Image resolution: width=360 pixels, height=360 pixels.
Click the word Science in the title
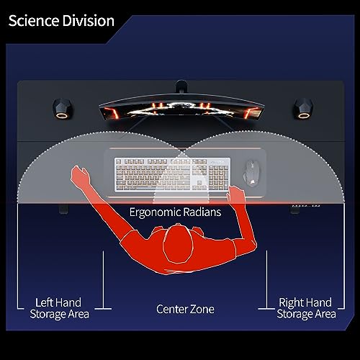point(34,21)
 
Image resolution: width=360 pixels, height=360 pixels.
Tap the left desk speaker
point(62,109)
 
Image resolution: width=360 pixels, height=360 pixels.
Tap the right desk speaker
point(304,109)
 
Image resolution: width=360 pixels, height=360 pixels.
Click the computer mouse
point(251,173)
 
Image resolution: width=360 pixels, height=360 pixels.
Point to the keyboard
point(172,174)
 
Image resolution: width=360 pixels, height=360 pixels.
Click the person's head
point(178,244)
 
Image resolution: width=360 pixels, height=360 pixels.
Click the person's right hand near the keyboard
point(235,194)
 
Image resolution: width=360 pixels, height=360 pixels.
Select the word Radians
point(202,212)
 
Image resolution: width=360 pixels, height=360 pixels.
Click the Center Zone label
point(185,309)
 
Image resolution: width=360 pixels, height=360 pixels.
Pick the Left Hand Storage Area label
point(59,308)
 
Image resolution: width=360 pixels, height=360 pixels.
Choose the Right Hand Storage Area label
point(306,308)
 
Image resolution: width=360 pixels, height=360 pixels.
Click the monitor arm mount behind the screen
point(181,86)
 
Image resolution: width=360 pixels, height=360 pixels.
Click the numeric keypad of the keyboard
point(218,176)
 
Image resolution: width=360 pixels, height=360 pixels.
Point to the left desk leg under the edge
point(63,209)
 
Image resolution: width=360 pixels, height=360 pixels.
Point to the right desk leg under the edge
point(294,209)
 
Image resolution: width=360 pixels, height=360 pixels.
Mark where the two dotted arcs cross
point(181,150)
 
